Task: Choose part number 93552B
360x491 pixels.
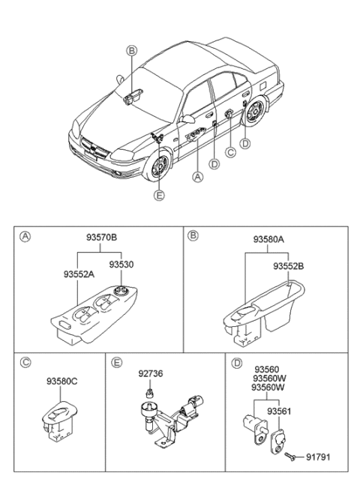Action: click(x=288, y=266)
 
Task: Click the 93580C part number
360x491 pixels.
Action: click(x=62, y=380)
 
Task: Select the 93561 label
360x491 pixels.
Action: click(x=281, y=411)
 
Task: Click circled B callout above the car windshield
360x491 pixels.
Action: click(x=131, y=50)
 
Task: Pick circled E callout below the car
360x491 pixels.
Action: click(x=158, y=196)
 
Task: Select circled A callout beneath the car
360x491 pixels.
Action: click(x=197, y=178)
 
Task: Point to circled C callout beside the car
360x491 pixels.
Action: click(x=230, y=153)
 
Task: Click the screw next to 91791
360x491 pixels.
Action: click(x=291, y=454)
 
